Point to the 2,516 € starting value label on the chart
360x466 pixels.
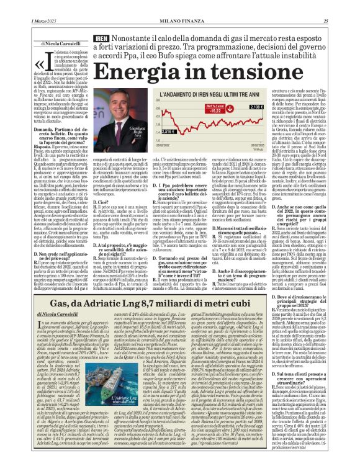(x=169, y=131)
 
